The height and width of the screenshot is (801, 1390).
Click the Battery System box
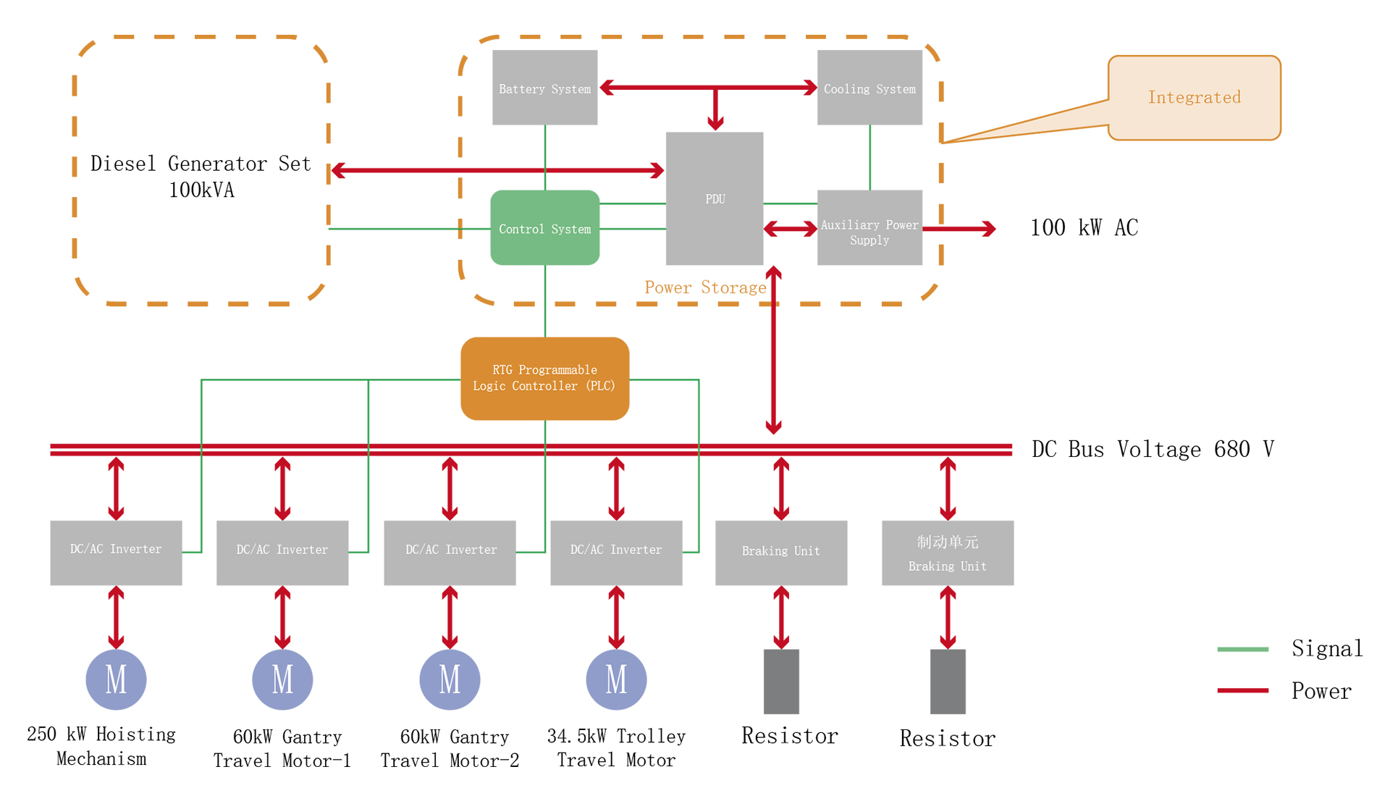pyautogui.click(x=544, y=88)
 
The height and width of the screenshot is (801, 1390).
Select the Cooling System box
pyautogui.click(x=869, y=88)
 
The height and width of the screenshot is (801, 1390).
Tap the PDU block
pyautogui.click(x=715, y=198)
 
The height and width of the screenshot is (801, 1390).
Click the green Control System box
pyautogui.click(x=544, y=228)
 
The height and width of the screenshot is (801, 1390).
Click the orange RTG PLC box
pyautogui.click(x=544, y=378)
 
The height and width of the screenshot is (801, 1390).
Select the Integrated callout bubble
pyautogui.click(x=1194, y=97)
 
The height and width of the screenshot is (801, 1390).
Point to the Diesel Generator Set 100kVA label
pyautogui.click(x=201, y=176)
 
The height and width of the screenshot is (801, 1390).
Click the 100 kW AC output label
pyautogui.click(x=1084, y=228)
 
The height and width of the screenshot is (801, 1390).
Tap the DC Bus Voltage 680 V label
pyautogui.click(x=1153, y=449)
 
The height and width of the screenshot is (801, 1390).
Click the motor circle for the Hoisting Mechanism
pyautogui.click(x=116, y=679)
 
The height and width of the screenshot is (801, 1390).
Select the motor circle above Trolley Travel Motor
pyautogui.click(x=616, y=679)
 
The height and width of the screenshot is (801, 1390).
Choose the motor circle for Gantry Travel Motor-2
pyautogui.click(x=450, y=679)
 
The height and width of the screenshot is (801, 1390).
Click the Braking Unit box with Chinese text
pyautogui.click(x=947, y=553)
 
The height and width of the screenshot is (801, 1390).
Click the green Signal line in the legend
pyautogui.click(x=1242, y=649)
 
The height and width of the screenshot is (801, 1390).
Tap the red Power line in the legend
pyautogui.click(x=1242, y=691)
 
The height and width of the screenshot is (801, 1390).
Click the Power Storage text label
pyautogui.click(x=705, y=288)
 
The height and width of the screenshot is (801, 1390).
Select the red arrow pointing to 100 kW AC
pyautogui.click(x=959, y=229)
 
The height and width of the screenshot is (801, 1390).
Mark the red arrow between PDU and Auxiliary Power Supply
pyautogui.click(x=790, y=229)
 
